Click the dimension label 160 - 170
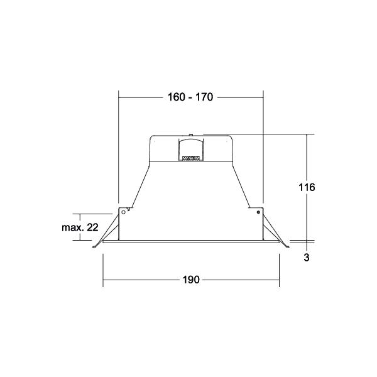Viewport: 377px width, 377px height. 190,97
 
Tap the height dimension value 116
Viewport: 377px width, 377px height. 307,187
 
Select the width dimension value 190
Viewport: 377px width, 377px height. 191,280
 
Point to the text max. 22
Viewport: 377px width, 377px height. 80,227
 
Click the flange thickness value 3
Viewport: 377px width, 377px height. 307,258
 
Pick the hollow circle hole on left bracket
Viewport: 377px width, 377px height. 124,212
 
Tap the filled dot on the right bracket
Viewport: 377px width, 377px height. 258,212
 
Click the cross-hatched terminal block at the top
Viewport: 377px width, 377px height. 191,158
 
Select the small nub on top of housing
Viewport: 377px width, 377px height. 190,134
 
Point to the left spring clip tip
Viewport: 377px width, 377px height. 94,247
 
